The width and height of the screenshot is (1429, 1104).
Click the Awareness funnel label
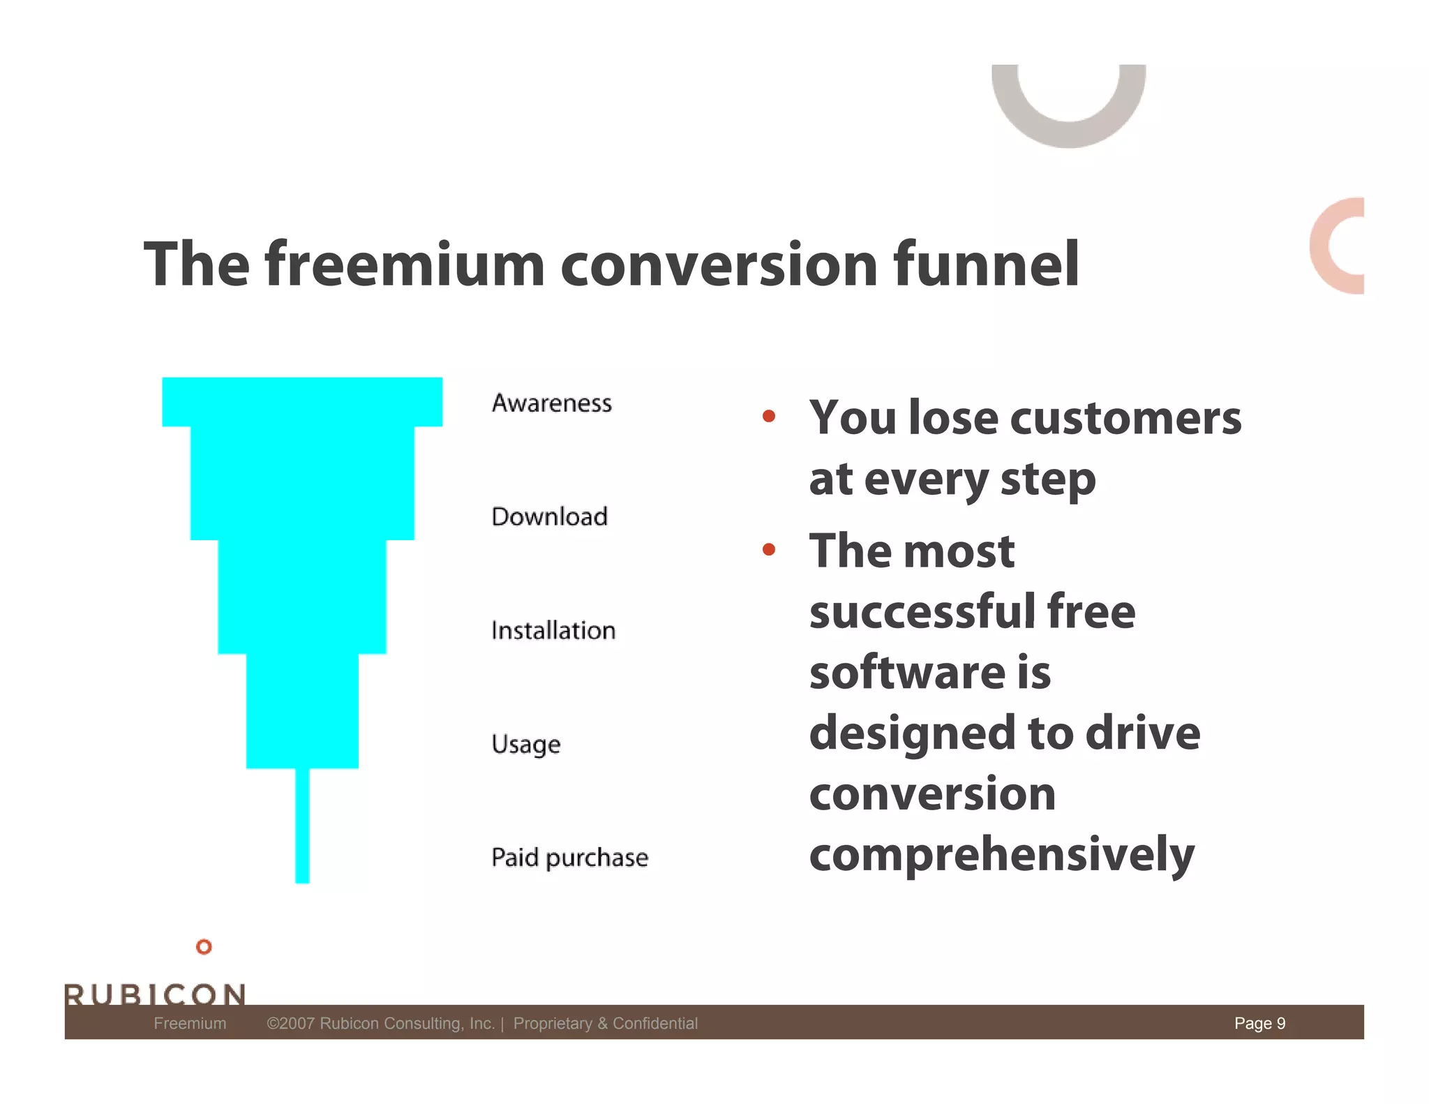551,403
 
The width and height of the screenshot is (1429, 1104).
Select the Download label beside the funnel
549,516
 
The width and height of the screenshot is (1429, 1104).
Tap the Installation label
553,630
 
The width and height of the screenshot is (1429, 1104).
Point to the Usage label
525,744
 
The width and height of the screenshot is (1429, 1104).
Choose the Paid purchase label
569,857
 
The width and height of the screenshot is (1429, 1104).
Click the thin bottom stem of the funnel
302,827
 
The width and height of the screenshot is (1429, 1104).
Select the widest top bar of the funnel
302,401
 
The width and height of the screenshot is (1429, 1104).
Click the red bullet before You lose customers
769,417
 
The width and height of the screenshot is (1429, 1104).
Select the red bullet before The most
769,550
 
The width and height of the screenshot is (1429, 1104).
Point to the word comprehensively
1001,854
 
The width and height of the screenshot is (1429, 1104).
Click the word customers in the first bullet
1125,417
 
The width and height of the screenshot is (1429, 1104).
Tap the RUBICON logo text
155,994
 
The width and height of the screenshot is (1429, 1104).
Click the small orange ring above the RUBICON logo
204,947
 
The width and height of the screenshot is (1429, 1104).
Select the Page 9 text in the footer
1259,1023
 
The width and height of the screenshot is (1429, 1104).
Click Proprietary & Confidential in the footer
605,1023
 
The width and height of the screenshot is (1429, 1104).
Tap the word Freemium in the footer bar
190,1023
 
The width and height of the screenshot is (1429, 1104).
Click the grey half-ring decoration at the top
1068,132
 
